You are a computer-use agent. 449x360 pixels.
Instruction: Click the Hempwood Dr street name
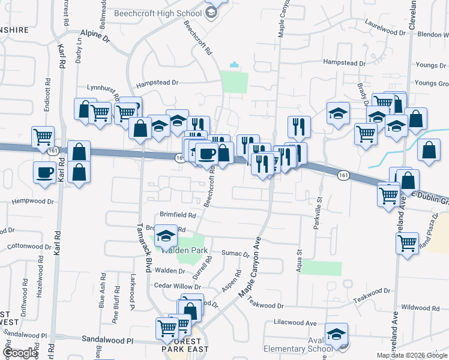29,201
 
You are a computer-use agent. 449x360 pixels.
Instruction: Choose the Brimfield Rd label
178,215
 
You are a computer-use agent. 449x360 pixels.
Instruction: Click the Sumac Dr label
235,254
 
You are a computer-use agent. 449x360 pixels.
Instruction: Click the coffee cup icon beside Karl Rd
45,173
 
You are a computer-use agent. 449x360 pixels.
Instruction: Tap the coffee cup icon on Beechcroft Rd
206,153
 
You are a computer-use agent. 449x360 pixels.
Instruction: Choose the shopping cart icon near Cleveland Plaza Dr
407,243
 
